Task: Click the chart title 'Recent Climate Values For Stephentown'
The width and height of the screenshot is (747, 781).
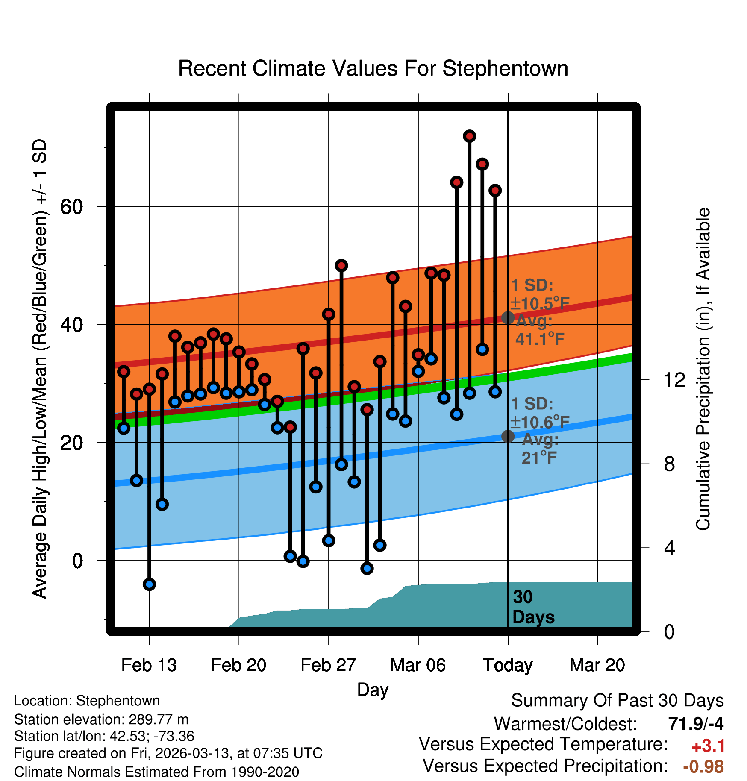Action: tap(373, 68)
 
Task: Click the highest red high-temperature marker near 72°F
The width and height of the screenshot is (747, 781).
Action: tap(469, 136)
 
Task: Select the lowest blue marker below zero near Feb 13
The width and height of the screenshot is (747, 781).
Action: tap(149, 584)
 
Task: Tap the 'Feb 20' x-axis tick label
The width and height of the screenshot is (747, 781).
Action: tap(238, 665)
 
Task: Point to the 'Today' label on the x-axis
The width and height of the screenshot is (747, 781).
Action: tap(508, 665)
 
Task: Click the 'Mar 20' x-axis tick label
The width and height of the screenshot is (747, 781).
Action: tap(597, 665)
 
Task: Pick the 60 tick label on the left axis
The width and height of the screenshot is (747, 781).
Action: tap(72, 207)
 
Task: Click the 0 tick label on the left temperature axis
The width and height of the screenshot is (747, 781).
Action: tap(77, 561)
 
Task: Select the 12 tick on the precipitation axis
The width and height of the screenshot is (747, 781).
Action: tap(674, 380)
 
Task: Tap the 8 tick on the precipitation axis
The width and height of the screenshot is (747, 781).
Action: tap(670, 464)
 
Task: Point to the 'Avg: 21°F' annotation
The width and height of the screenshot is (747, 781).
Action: tap(540, 449)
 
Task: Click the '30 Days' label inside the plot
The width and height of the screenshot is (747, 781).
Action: tap(533, 607)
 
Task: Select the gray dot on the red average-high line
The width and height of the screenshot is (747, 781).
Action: tap(508, 317)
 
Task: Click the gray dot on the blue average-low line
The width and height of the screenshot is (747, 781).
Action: tap(508, 436)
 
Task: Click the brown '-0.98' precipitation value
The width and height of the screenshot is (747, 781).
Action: tap(703, 766)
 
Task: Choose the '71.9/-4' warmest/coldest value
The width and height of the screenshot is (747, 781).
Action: tap(696, 724)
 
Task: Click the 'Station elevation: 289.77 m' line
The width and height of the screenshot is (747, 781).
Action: tap(101, 719)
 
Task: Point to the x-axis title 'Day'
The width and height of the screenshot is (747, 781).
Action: tap(373, 690)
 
